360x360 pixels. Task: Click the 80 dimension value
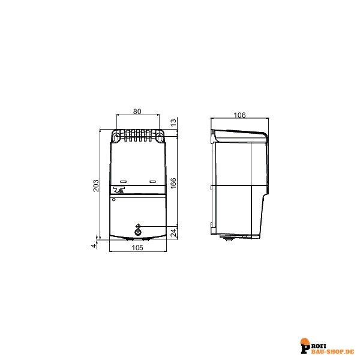point(137,112)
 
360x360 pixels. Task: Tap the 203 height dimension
point(96,186)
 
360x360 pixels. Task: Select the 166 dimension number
point(173,183)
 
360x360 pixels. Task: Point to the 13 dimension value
point(174,122)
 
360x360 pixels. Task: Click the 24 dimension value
point(174,233)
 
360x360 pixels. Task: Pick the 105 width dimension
point(137,247)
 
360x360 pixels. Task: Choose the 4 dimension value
point(94,246)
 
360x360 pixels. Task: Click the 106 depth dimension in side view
point(239,115)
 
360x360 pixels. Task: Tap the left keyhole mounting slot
point(116,137)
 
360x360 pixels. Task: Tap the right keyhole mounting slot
point(160,137)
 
